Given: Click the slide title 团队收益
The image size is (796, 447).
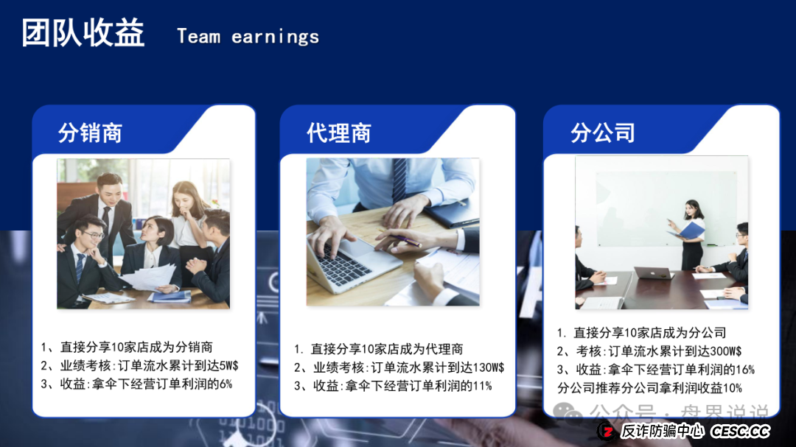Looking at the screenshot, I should (83, 34).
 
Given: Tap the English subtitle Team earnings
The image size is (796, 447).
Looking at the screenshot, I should (248, 37).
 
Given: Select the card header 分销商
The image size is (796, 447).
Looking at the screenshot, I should (90, 133).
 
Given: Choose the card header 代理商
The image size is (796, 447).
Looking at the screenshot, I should (339, 133).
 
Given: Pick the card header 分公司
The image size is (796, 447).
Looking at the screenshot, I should (602, 133).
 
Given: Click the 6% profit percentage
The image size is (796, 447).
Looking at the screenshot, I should (225, 384).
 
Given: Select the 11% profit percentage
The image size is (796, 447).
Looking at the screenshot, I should (482, 386).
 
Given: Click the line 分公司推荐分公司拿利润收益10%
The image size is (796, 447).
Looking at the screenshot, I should (649, 388).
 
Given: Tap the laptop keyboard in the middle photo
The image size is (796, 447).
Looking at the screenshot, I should (344, 266).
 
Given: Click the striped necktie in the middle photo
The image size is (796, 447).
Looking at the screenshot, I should (399, 180).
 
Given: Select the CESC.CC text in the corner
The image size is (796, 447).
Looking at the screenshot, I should (740, 432).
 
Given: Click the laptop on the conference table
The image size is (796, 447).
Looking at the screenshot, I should (653, 272).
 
